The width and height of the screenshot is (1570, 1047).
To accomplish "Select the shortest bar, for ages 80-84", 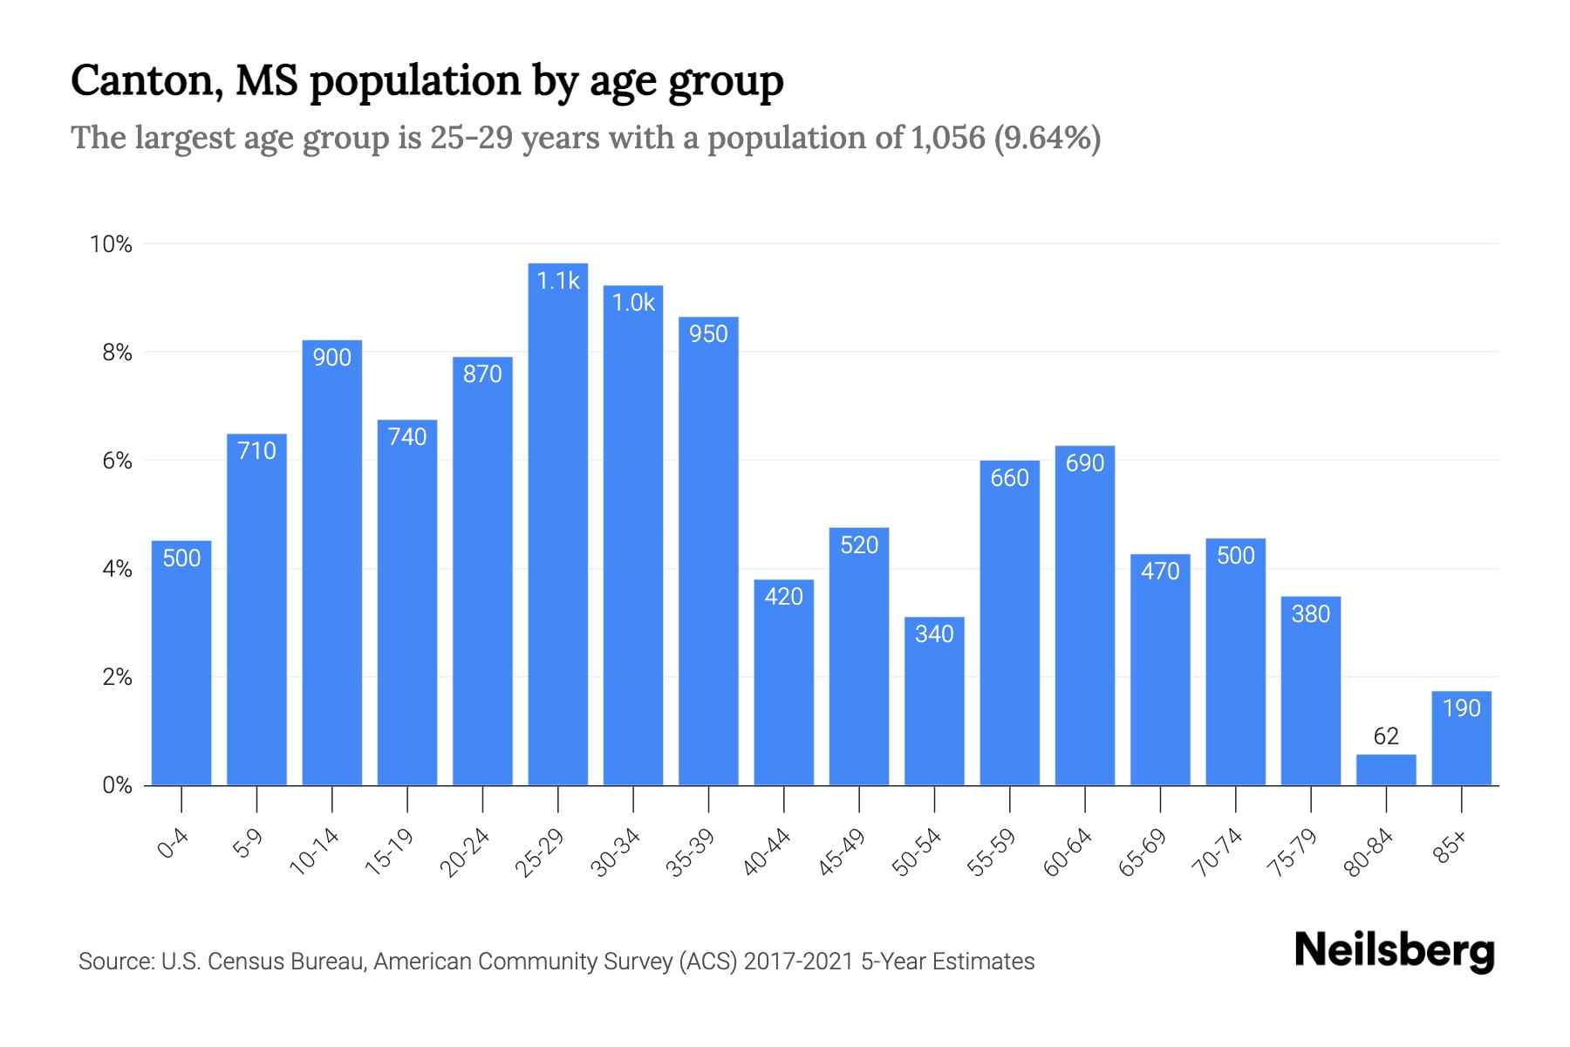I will point(1386,770).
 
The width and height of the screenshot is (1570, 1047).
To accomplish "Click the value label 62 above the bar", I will point(1386,736).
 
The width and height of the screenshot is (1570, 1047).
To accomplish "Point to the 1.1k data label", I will point(558,281).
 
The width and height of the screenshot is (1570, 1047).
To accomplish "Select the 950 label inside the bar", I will point(708,334).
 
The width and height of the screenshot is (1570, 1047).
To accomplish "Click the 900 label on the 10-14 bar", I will point(332,358).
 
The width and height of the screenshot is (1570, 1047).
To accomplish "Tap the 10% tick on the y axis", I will point(112,244).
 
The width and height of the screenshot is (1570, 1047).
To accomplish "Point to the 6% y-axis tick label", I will point(117,461).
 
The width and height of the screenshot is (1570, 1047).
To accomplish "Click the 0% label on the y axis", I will point(117,785).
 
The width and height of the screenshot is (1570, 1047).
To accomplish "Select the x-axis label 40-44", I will point(767,852).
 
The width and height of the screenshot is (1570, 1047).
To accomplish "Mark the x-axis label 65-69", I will point(1143,852).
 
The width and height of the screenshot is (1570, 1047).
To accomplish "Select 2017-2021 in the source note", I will point(798,961).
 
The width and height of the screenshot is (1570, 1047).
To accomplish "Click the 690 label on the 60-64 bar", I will point(1085,463).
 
